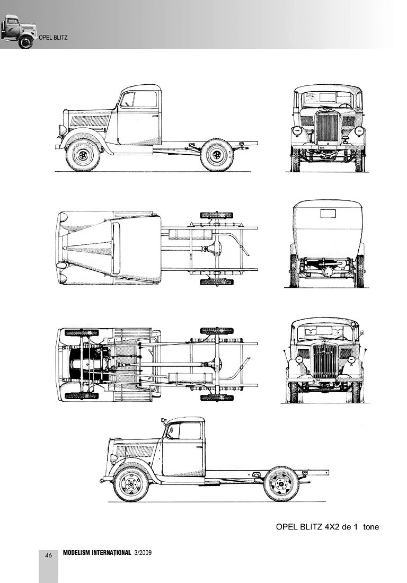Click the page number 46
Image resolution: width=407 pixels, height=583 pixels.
click(48, 555)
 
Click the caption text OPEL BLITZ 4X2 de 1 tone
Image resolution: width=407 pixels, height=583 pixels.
click(328, 526)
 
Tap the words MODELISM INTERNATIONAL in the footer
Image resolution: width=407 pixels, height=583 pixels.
click(97, 552)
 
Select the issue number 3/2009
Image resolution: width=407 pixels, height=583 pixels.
click(143, 552)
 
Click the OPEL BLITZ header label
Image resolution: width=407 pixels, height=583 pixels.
click(53, 38)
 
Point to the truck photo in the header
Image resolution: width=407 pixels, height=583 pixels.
click(19, 31)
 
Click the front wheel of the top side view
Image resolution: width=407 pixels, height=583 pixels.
click(83, 155)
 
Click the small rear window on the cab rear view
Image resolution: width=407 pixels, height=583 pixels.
click(328, 214)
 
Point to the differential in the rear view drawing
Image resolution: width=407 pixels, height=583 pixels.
click(328, 270)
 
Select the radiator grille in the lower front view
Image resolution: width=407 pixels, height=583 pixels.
click(325, 360)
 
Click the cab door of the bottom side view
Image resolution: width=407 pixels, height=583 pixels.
click(184, 450)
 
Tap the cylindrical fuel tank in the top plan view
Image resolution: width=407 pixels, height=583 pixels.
click(190, 234)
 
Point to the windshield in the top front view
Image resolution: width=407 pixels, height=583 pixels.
click(328, 99)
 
